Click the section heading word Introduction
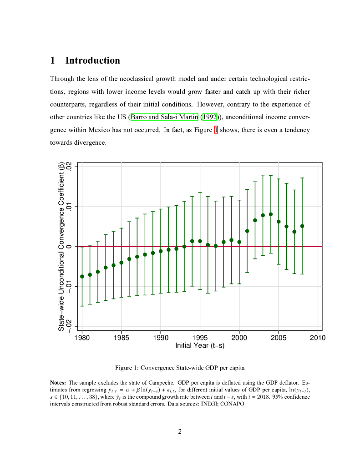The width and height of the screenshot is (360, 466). (93, 61)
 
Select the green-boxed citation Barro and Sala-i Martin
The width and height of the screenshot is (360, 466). (164, 117)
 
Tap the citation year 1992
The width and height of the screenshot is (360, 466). (210, 117)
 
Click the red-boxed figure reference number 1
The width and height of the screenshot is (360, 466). (216, 130)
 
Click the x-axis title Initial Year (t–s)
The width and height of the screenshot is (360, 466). (200, 345)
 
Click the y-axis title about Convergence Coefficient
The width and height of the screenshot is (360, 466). (61, 246)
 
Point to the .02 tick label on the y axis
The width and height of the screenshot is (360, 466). (69, 167)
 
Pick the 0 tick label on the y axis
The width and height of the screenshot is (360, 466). (69, 247)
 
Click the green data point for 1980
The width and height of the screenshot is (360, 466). (82, 276)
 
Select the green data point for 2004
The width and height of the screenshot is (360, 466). (271, 214)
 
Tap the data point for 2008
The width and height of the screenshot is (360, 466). (302, 226)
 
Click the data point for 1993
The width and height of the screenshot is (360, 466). (184, 247)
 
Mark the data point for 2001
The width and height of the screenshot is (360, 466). (247, 231)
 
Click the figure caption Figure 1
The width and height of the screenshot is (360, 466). (180, 368)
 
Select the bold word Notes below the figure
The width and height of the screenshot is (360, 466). (58, 383)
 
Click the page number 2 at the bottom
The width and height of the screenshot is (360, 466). (180, 431)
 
